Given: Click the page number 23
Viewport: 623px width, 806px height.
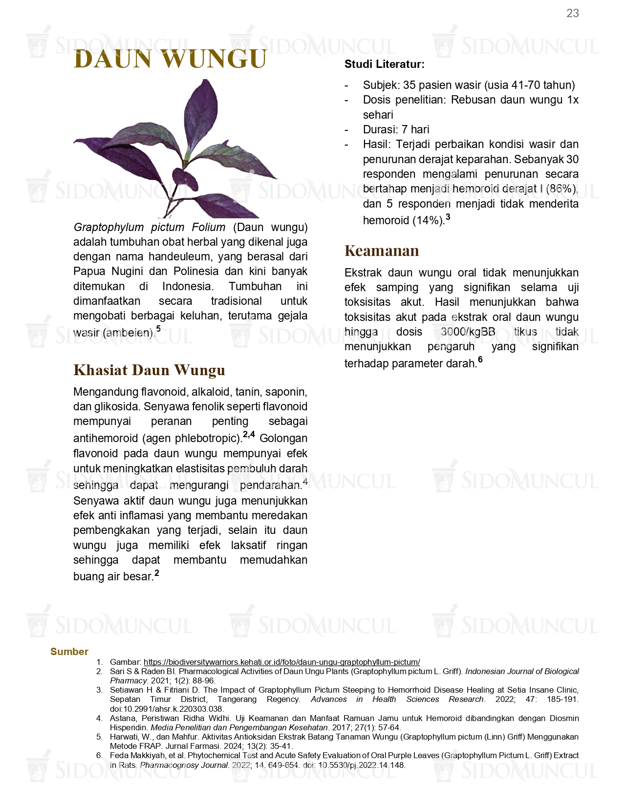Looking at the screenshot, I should [x=572, y=14].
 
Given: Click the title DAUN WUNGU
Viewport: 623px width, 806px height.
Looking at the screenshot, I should [x=170, y=59].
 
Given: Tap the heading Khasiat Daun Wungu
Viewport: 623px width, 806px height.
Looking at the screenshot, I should [x=149, y=370].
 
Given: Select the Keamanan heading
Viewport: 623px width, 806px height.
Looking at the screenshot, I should [x=382, y=251].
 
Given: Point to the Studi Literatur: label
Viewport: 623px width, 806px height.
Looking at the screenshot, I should [x=384, y=64].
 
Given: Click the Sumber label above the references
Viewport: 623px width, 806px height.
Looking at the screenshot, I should [x=69, y=652].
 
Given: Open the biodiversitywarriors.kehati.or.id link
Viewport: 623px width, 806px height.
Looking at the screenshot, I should [x=281, y=662].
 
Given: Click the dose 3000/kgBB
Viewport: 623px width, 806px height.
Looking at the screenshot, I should [x=468, y=332].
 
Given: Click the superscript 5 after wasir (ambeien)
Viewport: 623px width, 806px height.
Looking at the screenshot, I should [x=158, y=329].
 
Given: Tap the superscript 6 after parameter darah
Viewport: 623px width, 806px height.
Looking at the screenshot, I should [x=480, y=360].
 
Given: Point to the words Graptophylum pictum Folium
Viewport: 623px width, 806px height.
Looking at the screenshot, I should [x=149, y=227].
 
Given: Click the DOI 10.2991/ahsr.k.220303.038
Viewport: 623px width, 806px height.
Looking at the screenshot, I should [x=166, y=709].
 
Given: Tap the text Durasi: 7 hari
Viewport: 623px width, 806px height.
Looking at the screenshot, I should [x=396, y=129].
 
